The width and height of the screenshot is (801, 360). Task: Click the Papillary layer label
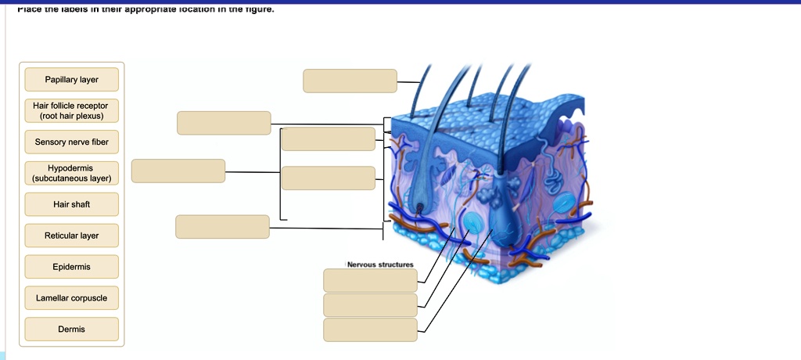point(71,80)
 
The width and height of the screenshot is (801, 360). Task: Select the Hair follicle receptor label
point(71,110)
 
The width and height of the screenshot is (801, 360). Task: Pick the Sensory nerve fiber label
point(71,142)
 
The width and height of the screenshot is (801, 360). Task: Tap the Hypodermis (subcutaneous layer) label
point(71,173)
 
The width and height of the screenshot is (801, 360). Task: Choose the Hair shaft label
point(71,204)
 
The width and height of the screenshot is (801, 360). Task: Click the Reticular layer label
point(71,236)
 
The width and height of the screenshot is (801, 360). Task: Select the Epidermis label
point(71,267)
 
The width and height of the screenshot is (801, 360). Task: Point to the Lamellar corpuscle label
point(71,298)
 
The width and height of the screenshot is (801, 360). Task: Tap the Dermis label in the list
point(71,329)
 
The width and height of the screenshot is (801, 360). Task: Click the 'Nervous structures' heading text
point(380,265)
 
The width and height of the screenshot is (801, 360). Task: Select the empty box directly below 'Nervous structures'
point(370,280)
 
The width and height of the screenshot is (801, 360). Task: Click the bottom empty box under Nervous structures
point(370,330)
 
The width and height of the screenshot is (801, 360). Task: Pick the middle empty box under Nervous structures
point(370,305)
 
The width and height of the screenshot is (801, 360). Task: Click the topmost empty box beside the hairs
point(350,81)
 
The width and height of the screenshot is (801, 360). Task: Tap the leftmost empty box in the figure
point(178,171)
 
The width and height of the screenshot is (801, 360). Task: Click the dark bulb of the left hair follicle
point(421,208)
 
